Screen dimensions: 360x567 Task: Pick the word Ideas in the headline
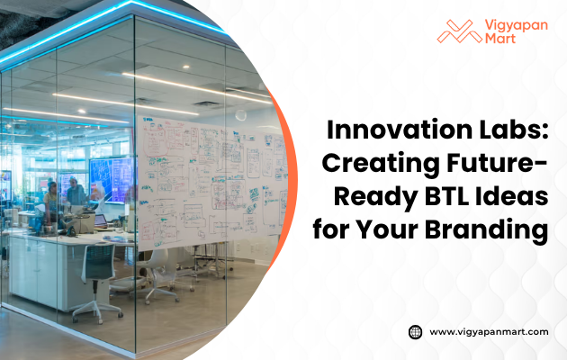[x=510, y=197]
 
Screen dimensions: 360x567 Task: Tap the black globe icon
[x=415, y=331]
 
